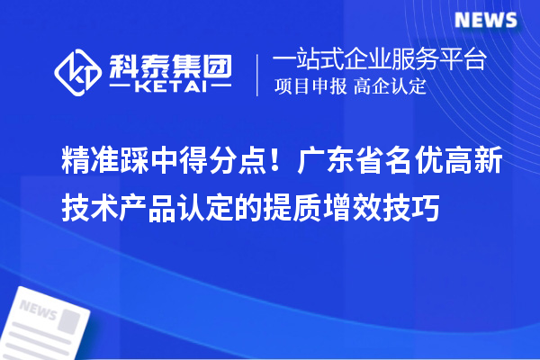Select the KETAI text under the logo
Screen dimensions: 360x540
(x=169, y=86)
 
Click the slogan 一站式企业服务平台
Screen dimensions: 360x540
(x=379, y=61)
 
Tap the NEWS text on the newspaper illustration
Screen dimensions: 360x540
(x=37, y=310)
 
